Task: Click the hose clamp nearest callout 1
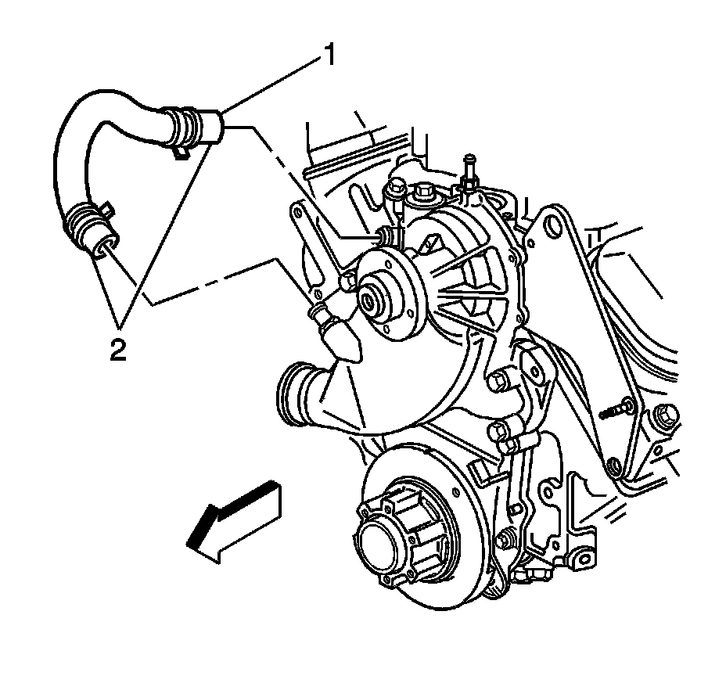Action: point(182,128)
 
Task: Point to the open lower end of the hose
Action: point(102,248)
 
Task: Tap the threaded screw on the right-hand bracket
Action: point(618,408)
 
